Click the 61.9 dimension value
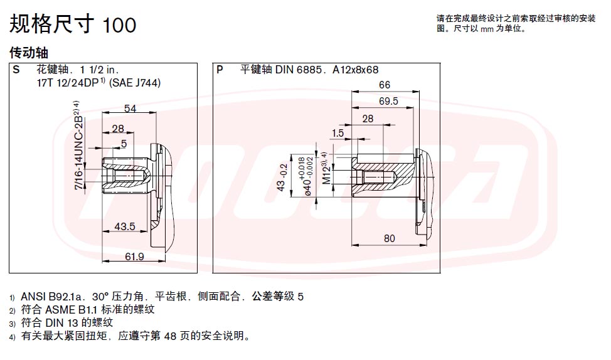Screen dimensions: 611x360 [134, 257]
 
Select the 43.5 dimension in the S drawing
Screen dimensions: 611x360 [125, 226]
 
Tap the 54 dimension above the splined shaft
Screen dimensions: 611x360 [130, 109]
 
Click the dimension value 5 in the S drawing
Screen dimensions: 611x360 [124, 144]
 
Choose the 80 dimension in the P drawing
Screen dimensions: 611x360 [390, 238]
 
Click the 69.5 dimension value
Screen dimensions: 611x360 [388, 102]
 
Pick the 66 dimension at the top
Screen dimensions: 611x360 [384, 85]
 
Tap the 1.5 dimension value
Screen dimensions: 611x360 [338, 133]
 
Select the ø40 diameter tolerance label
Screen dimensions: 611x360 [307, 176]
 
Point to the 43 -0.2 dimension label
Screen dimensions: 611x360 [282, 177]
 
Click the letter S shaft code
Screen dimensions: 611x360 [16, 70]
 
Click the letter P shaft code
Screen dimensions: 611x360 [220, 70]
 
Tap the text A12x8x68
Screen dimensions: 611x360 [356, 70]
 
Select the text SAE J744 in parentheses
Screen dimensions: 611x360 [135, 83]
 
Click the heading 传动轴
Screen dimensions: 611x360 [28, 53]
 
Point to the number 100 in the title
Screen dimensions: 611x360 [119, 25]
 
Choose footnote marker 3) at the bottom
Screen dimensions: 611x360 [13, 324]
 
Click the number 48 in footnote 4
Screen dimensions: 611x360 [170, 336]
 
